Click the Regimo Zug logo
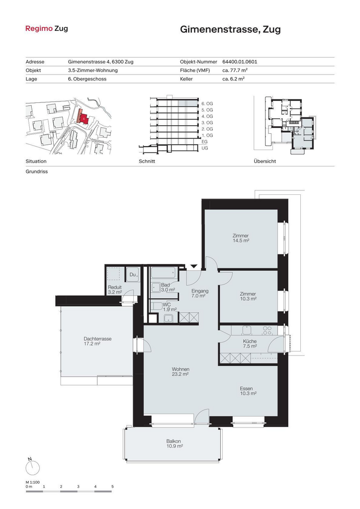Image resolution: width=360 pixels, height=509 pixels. pos(46,28)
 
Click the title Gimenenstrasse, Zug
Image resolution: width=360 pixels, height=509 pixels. pos(230,29)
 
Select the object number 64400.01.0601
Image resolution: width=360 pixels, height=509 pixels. pos(240,62)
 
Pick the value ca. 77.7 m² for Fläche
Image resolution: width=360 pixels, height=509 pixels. pos(235,70)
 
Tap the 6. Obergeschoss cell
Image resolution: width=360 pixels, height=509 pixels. pos(87,79)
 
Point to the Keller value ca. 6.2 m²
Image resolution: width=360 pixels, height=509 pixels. pos(233,79)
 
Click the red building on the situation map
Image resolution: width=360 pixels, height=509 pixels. pos(83,117)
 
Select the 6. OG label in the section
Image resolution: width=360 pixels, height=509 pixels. pos(207,103)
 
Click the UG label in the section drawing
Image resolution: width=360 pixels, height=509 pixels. pos(204,148)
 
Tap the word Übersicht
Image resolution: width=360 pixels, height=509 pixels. pos(265,162)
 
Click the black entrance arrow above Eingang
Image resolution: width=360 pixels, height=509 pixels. pos(194,266)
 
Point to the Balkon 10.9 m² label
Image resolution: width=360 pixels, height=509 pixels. pos(175,444)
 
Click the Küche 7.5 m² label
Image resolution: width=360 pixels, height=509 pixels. pos(250,344)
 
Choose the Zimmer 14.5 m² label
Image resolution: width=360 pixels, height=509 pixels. pos(241,238)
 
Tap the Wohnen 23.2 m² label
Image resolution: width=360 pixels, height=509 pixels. pos(180,372)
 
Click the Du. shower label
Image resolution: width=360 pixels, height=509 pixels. pos(133,274)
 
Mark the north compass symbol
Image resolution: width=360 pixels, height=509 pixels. pos(32,467)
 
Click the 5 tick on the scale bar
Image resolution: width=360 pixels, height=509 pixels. pos(113,487)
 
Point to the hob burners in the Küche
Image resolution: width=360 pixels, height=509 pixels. pos(267,331)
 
